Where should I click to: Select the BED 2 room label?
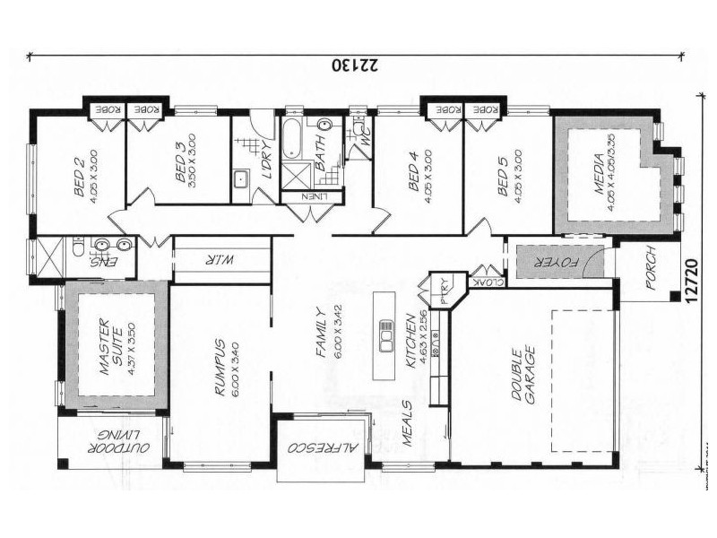click(x=78, y=169)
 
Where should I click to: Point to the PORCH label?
click(x=651, y=271)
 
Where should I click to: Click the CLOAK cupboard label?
click(x=491, y=280)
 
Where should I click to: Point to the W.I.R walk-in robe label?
click(x=220, y=260)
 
